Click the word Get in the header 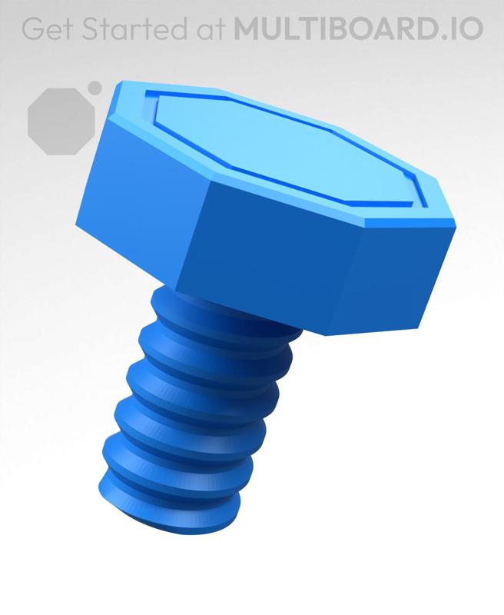47,28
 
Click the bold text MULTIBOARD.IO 358,28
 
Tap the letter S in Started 91,28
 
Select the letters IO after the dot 467,28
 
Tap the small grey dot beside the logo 94,88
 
